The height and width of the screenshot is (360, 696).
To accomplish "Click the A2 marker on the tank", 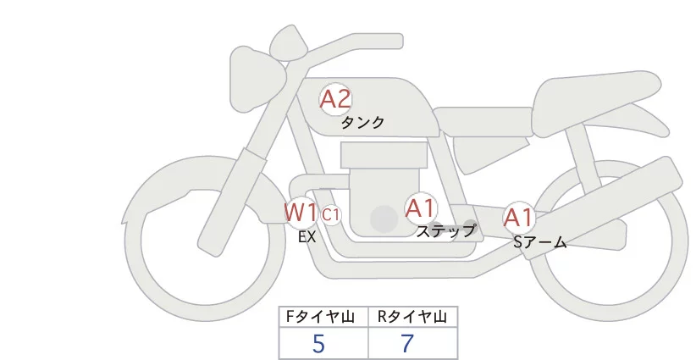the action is [335, 99].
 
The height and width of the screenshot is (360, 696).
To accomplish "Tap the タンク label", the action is [362, 123].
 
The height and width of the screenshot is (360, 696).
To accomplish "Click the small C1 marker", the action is [331, 214].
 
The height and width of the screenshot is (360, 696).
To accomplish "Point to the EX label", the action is [307, 237].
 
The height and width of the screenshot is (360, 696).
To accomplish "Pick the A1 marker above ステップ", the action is [421, 207].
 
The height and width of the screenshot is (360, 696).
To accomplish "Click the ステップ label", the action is [445, 230].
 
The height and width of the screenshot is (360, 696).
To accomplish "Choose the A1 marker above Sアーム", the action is [518, 218].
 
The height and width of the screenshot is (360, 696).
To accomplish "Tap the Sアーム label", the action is [539, 242].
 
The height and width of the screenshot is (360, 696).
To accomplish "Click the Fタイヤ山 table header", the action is [323, 317].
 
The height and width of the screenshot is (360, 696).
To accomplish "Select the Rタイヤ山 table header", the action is [412, 317].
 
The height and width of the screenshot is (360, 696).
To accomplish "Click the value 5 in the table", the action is [318, 343].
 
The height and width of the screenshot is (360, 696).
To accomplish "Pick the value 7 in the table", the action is [407, 343].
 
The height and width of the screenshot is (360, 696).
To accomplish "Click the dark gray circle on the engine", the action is [384, 219].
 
